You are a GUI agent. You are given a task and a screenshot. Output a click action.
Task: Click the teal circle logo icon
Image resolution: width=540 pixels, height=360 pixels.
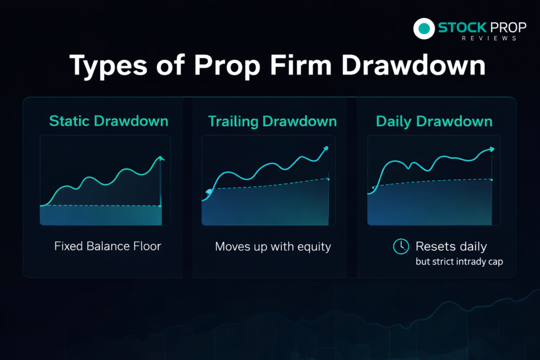tap(424, 28)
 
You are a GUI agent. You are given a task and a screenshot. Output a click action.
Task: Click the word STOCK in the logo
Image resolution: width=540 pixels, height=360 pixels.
tap(462, 27)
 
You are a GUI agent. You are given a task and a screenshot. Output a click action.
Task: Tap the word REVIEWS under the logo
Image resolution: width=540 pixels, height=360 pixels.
tap(489, 38)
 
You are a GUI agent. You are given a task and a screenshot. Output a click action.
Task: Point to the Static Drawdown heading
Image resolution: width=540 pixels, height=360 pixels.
tap(109, 121)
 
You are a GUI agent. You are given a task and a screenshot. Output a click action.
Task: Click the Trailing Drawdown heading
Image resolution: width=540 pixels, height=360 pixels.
tap(273, 121)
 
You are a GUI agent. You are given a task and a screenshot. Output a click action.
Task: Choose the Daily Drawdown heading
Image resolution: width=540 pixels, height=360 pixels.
tap(435, 121)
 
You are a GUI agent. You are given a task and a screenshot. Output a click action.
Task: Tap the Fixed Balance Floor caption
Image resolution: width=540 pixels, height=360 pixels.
tap(108, 246)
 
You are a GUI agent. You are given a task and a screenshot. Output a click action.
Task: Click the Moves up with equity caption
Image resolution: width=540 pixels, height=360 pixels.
tap(273, 247)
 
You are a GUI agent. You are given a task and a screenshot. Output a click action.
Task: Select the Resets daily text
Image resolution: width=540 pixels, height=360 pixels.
tap(451, 247)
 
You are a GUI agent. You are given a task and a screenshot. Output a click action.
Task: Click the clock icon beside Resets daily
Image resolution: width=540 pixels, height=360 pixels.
tap(401, 247)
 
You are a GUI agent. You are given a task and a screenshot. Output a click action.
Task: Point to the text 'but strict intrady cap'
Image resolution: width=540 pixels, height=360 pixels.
tap(459, 261)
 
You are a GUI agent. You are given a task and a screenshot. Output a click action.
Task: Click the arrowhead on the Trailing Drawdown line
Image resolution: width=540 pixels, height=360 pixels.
tap(325, 149)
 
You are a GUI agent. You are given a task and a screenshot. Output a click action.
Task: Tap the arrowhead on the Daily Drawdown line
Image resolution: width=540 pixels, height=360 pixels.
tap(491, 149)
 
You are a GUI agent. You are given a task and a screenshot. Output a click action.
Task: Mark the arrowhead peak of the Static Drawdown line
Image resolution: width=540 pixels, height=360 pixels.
tap(161, 158)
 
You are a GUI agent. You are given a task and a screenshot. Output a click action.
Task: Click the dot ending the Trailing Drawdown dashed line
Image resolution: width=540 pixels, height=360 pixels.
tap(329, 179)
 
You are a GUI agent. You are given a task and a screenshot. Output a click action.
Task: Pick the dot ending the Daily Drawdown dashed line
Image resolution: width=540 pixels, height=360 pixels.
tap(491, 180)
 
